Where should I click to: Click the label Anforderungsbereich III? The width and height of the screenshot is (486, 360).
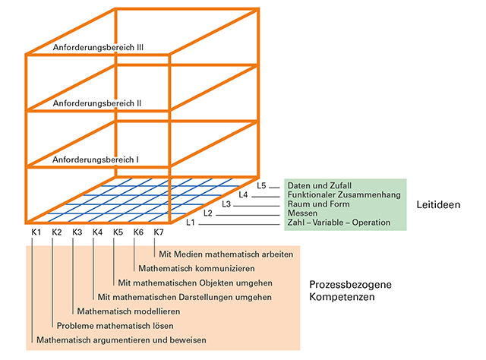point(99,47)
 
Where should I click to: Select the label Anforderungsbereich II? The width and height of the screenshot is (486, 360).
point(98,103)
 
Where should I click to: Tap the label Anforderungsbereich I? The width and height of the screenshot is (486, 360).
point(96,160)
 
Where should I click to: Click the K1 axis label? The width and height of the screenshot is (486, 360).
point(36,232)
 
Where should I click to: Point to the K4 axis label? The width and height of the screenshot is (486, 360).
point(97,232)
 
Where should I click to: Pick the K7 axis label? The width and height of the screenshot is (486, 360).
point(158,232)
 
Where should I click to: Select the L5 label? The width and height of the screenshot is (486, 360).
point(262,185)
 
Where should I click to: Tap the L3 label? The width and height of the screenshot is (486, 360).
point(226,204)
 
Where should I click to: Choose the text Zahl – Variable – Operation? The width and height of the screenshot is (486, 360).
point(339,223)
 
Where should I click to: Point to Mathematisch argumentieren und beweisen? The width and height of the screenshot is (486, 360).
point(121,339)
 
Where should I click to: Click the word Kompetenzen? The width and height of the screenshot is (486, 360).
point(341,298)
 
